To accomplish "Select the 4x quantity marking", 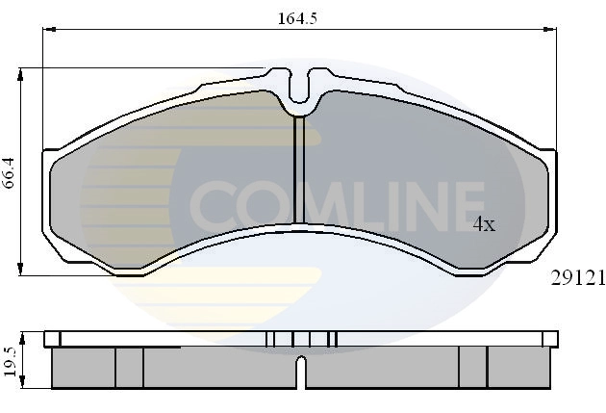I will (483, 224).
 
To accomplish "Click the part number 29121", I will (577, 277).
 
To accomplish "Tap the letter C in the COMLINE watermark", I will (212, 201).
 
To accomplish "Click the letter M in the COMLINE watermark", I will (303, 201).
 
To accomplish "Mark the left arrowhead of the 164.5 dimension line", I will (45, 30).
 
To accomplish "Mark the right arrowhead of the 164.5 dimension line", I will (554, 30).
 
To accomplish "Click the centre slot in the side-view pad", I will (301, 371).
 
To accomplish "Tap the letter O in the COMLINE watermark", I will (253, 201).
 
